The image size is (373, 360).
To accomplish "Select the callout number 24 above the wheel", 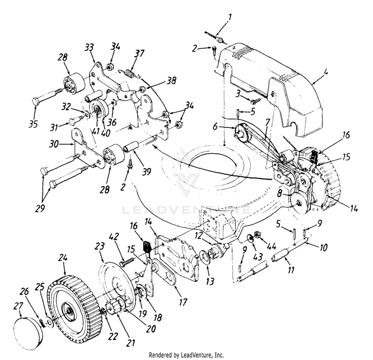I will coord(62,257).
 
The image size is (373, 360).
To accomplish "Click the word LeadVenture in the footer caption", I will coord(202,355).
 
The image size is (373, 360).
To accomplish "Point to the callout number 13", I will coord(210,282).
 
